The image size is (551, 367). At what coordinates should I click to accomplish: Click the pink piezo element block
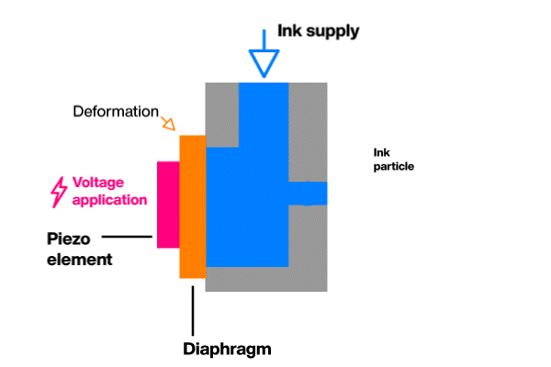168,204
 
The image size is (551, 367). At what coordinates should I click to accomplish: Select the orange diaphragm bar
192,206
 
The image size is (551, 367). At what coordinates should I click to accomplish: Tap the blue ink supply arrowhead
264,61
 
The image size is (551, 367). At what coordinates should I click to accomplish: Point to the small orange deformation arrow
168,123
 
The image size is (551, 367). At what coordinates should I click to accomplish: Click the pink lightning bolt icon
58,191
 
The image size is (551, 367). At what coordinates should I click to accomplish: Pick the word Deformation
115,111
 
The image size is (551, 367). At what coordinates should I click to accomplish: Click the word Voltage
98,182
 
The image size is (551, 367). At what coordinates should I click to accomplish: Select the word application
109,199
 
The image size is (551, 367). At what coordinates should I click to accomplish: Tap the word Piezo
70,239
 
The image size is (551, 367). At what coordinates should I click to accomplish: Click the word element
79,260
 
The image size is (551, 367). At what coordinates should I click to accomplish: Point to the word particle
394,167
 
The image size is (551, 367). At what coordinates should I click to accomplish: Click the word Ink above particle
381,152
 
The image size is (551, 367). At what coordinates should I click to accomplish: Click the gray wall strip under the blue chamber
266,279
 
